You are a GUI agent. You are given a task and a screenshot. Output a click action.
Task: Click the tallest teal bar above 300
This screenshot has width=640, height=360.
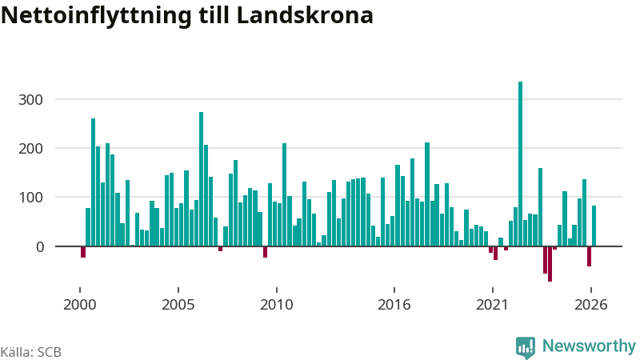pos(521,164)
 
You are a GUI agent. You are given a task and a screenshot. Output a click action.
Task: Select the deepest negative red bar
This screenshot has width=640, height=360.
pos(550,264)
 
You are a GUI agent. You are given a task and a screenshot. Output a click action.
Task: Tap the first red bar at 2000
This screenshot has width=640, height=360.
pos(83,252)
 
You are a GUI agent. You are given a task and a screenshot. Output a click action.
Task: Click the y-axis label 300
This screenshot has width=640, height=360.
pos(30,99)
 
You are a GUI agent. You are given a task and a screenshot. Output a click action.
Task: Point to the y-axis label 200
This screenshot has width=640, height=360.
pos(30,149)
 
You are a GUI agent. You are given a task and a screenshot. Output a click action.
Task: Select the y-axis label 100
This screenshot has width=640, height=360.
pos(30,198)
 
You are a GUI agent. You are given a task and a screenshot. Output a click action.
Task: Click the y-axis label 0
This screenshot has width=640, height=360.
pos(39,247)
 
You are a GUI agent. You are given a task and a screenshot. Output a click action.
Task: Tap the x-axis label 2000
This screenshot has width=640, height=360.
pos(79,305)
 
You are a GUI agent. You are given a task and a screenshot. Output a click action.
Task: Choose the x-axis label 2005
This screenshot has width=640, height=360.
pos(178,305)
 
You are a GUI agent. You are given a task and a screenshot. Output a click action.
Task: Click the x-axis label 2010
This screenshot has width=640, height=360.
pos(276,305)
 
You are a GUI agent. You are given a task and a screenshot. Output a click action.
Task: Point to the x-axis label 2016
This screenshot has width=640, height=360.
pos(394,305)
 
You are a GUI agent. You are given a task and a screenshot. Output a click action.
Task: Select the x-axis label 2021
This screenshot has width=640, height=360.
pos(492,305)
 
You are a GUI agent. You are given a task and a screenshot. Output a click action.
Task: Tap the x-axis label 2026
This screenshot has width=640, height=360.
pos(590,305)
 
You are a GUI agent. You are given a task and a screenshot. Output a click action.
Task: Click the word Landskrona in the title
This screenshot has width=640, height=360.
pos(305,15)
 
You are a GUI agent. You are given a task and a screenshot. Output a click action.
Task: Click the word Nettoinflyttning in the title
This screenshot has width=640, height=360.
pos(96,16)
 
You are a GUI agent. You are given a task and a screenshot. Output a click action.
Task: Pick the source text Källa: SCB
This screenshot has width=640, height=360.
pos(31,352)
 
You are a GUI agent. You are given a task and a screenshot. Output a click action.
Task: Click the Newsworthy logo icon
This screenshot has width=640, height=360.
pos(526,347)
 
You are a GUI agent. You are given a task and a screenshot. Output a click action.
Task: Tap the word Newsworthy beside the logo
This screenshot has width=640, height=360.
pos(589,346)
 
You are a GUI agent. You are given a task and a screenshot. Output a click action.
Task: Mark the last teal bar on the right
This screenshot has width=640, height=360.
pos(594,226)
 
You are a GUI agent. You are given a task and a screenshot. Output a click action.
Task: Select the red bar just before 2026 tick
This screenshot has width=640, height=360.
pos(589,256)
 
